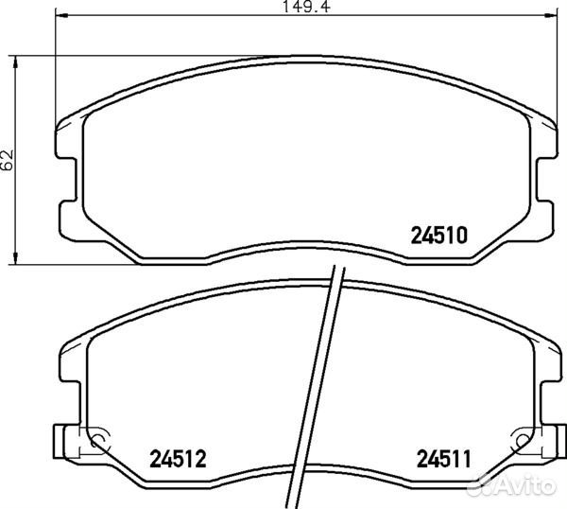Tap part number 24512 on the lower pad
point(179,460)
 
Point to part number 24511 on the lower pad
point(445,460)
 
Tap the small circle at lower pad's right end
point(519,442)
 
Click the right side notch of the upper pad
point(544,179)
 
